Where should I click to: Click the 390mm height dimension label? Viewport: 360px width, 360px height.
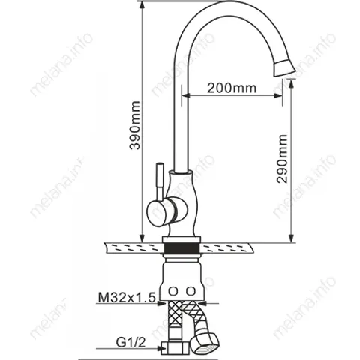(x=135, y=125)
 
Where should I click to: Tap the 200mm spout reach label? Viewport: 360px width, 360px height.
(x=232, y=88)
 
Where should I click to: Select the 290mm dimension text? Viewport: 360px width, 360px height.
(x=282, y=159)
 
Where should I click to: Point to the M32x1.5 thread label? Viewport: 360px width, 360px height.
(x=127, y=298)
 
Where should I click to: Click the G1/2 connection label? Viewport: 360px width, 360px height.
(x=130, y=342)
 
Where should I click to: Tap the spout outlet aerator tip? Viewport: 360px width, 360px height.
(x=285, y=67)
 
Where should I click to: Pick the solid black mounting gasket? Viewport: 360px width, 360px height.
(x=181, y=247)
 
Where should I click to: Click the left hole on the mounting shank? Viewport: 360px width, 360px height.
(x=173, y=291)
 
